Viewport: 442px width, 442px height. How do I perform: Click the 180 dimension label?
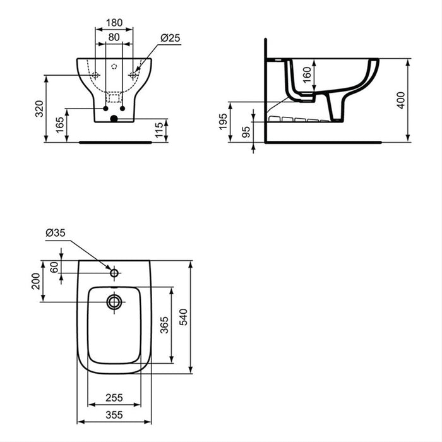tap(114, 23)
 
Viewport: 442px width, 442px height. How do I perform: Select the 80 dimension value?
tap(114, 37)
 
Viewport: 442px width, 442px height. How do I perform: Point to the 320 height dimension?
tap(39, 109)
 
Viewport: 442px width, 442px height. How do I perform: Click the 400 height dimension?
tap(400, 100)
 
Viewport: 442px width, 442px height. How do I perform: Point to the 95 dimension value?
tap(246, 131)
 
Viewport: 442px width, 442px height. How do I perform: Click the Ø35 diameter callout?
tap(55, 233)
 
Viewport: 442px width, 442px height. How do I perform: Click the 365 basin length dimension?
tap(164, 325)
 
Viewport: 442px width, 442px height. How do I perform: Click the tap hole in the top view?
tap(114, 273)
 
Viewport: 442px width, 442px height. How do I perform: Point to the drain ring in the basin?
tap(114, 302)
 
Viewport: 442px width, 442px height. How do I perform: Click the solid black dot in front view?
tap(114, 118)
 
